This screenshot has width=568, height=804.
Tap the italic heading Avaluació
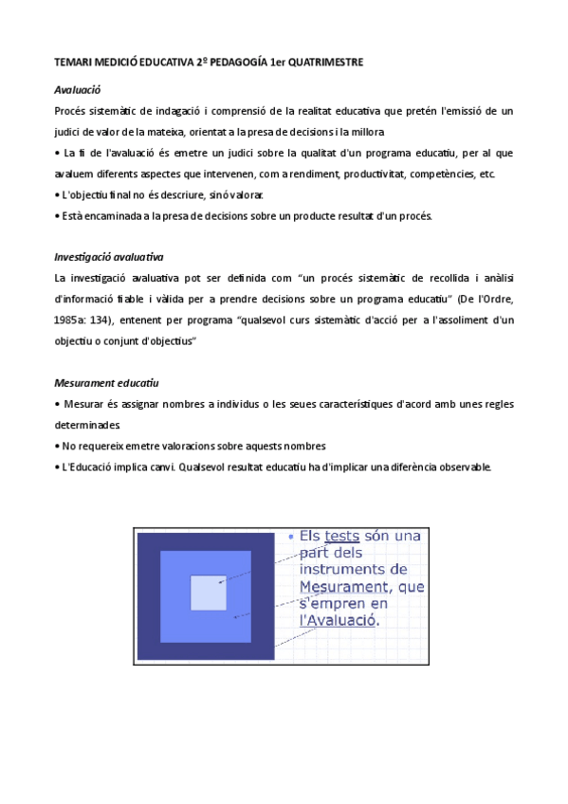tap(78, 90)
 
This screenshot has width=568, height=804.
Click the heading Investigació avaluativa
tap(110, 256)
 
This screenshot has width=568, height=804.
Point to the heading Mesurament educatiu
tap(106, 382)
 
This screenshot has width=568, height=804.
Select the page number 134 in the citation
tap(101, 320)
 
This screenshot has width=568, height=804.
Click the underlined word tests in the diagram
tap(341, 536)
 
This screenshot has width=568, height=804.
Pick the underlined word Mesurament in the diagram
tap(343, 587)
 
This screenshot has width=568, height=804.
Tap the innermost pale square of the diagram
tap(209, 593)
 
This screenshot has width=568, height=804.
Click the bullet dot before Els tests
tap(290, 536)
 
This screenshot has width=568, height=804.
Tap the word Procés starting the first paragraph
tap(72, 112)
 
